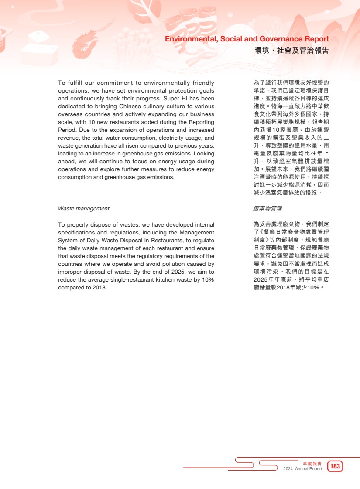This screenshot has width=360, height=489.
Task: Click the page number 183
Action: [x=335, y=467]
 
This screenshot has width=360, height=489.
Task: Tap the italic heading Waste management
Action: [x=84, y=209]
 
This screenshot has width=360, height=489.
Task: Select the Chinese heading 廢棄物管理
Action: [x=267, y=209]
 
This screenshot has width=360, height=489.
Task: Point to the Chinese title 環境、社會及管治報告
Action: [x=291, y=51]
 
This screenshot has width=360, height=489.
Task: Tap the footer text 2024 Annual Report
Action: [x=302, y=469]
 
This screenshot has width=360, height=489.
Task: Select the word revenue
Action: [x=69, y=138]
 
